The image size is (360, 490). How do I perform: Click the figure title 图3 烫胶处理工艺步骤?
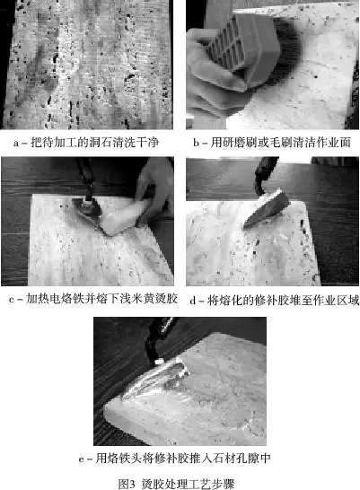(x=177, y=484)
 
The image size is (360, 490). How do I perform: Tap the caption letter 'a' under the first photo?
(x=16, y=144)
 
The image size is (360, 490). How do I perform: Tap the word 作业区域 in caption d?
(x=336, y=301)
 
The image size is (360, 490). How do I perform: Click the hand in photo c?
(x=154, y=194)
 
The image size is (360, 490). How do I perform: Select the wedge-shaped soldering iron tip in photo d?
(x=267, y=208)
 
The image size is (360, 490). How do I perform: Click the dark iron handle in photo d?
(x=264, y=174)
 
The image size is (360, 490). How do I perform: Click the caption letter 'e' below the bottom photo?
(x=82, y=459)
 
